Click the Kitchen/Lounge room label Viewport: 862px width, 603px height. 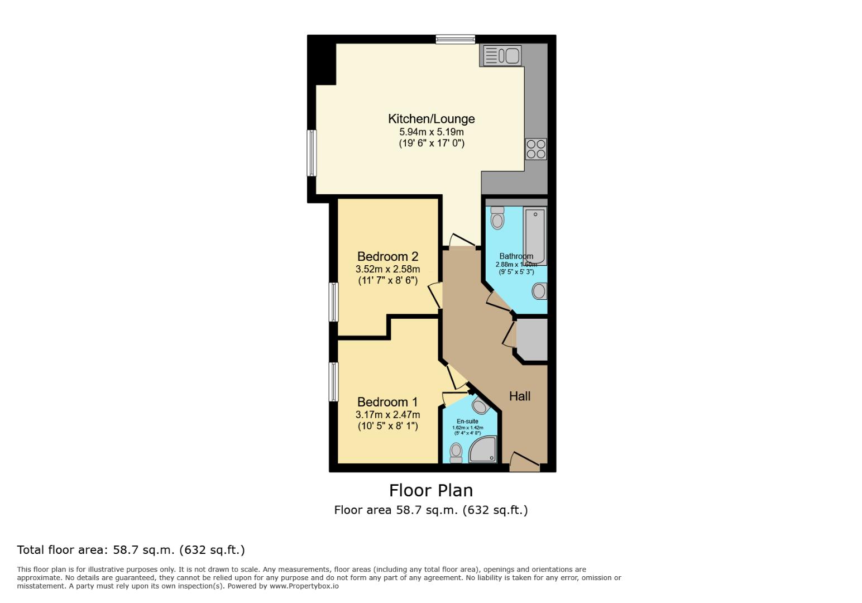pyautogui.click(x=431, y=119)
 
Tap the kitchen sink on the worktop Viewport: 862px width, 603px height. pyautogui.click(x=501, y=56)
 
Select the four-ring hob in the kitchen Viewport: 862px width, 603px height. pyautogui.click(x=536, y=149)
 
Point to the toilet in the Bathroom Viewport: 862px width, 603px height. pyautogui.click(x=497, y=218)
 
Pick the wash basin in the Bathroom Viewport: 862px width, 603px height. pyautogui.click(x=539, y=291)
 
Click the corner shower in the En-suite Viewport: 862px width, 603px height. pyautogui.click(x=483, y=450)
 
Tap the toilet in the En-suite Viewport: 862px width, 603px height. pyautogui.click(x=456, y=452)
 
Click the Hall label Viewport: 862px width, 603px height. pyautogui.click(x=519, y=396)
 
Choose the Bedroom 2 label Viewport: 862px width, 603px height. pyautogui.click(x=387, y=257)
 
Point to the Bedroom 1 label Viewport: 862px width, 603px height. pyautogui.click(x=387, y=402)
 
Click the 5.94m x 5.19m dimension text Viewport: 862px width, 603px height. pyautogui.click(x=431, y=132)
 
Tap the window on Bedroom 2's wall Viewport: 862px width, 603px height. pyautogui.click(x=333, y=302)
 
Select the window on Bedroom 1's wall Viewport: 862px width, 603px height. pyautogui.click(x=333, y=382)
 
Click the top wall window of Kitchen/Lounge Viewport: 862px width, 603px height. pyautogui.click(x=455, y=39)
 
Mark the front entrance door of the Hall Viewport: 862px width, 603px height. pyautogui.click(x=525, y=463)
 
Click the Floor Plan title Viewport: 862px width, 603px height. pyautogui.click(x=430, y=490)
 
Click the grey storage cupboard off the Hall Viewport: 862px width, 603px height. pyautogui.click(x=532, y=339)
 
